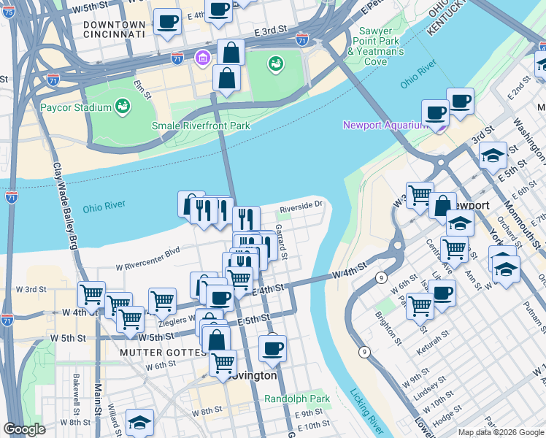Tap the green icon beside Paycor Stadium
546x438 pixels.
pyautogui.click(x=123, y=108)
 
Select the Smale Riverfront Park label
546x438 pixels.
pyautogui.click(x=201, y=126)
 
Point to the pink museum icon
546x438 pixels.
pyautogui.click(x=201, y=57)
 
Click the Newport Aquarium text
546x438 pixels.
pyautogui.click(x=385, y=126)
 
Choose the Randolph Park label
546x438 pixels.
pyautogui.click(x=297, y=399)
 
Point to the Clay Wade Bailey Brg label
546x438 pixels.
pyautogui.click(x=64, y=206)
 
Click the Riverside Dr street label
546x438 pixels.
pyautogui.click(x=300, y=206)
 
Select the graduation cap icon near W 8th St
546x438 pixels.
pyautogui.click(x=139, y=422)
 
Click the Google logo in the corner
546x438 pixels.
pyautogui.click(x=25, y=429)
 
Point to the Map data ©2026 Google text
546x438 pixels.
pyautogui.click(x=500, y=432)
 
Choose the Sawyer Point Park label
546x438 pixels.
pyautogui.click(x=375, y=42)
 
